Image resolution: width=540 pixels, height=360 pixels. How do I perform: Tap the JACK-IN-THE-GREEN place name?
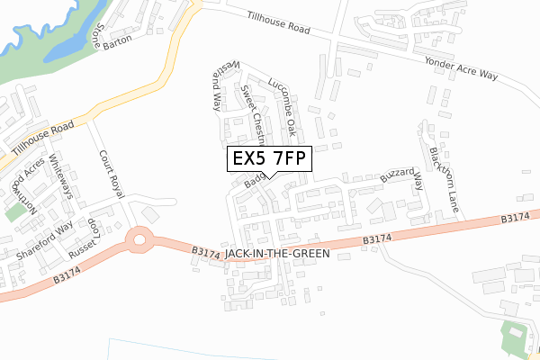[278, 255]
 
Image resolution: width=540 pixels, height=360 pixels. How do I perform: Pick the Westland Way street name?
[216, 86]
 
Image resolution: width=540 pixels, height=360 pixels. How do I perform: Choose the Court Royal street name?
[111, 174]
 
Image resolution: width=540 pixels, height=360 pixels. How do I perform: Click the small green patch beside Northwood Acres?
[14, 212]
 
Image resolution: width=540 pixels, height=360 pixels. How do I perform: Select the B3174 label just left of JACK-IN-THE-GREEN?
[206, 256]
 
